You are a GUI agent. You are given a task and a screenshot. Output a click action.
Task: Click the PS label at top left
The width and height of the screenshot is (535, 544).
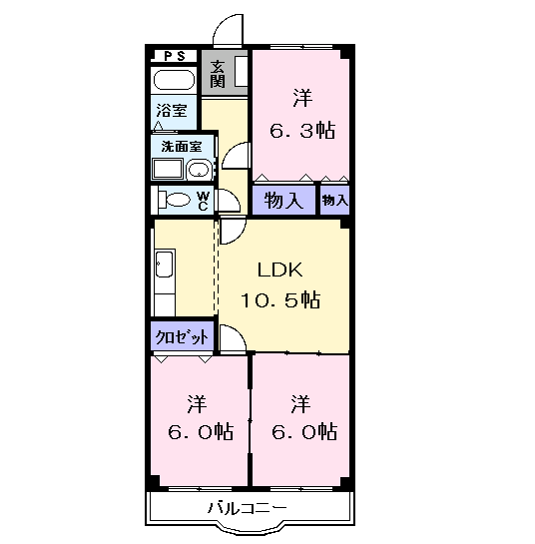175,56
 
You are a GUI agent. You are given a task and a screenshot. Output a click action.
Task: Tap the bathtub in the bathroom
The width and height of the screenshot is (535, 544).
174,81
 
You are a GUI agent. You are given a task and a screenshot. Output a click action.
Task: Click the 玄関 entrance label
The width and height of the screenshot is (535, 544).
218,74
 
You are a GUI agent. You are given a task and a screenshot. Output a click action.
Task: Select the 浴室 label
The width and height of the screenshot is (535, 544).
172,111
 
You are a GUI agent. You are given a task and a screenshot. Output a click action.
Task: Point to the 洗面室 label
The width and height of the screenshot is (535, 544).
182,147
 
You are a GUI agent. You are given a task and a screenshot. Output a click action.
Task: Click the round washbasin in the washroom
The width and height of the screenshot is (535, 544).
199,171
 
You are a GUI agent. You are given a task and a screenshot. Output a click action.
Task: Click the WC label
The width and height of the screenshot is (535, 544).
203,201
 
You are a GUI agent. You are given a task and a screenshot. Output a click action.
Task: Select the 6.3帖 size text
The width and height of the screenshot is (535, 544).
302,131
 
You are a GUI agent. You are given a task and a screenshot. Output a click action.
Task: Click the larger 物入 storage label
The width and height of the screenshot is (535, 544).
283,201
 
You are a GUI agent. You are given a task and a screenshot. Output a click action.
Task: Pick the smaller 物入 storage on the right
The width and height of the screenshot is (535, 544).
334,201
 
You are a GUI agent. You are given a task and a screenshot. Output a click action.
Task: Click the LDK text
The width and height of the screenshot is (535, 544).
280,270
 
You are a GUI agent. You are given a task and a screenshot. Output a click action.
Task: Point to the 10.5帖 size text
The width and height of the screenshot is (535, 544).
280,299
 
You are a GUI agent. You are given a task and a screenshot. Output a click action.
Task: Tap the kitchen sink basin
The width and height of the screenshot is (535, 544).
164,265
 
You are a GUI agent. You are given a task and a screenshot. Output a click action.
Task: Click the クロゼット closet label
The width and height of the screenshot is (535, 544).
182,336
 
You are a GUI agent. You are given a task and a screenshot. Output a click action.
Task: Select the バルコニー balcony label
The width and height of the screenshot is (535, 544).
248,508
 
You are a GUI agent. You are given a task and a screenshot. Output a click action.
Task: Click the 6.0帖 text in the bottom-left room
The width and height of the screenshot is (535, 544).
201,432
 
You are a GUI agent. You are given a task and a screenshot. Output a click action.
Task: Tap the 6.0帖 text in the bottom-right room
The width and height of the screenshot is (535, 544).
303,432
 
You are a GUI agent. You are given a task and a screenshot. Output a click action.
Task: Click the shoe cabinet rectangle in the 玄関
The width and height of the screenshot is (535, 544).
242,72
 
